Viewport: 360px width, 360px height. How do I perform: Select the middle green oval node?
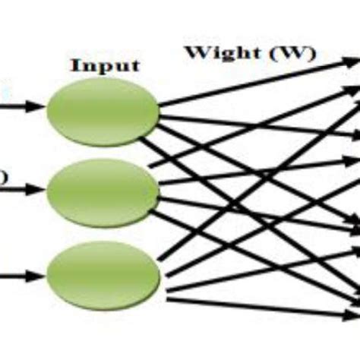(102, 190)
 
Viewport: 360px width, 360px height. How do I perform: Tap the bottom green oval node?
(103, 270)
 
